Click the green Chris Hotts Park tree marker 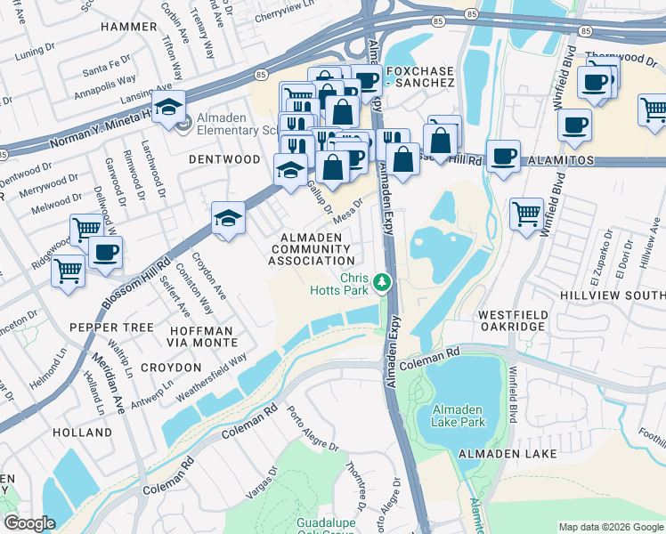[382, 283]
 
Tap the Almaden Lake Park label [458, 416]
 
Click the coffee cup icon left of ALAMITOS [504, 156]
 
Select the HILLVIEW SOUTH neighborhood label [613, 293]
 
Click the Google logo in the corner [29, 523]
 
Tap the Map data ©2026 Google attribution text [610, 527]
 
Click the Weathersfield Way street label [212, 375]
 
